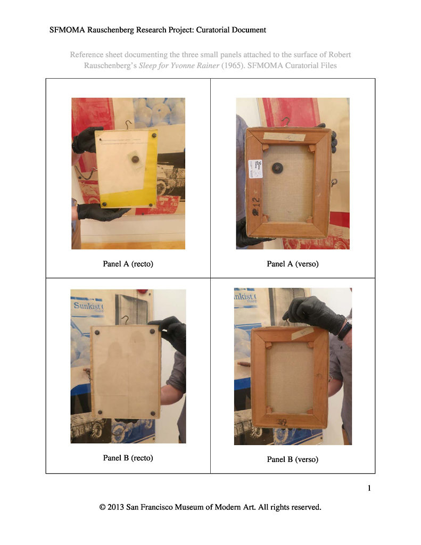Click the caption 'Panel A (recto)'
pyautogui.click(x=128, y=263)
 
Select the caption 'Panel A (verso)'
pyautogui.click(x=292, y=263)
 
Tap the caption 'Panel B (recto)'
pyautogui.click(x=128, y=458)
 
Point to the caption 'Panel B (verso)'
pyautogui.click(x=292, y=459)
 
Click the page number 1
pyautogui.click(x=369, y=488)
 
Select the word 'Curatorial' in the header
pyautogui.click(x=203, y=30)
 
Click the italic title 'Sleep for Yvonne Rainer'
pyautogui.click(x=179, y=65)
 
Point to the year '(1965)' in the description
pyautogui.click(x=234, y=65)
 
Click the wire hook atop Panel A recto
pyautogui.click(x=128, y=126)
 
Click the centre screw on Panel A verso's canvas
pyautogui.click(x=277, y=168)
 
